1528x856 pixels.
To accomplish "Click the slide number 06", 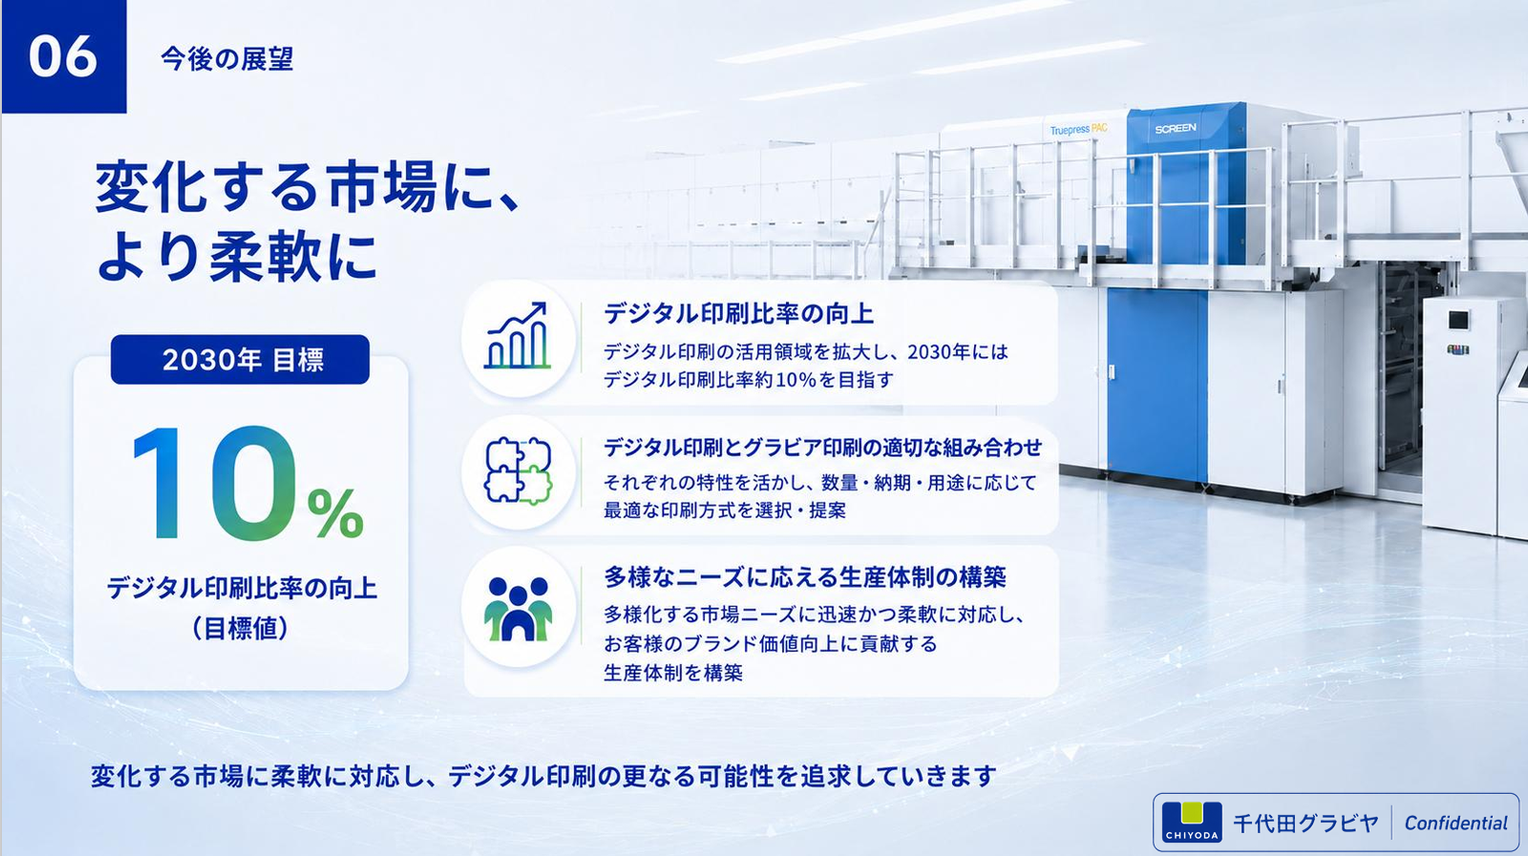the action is pos(63,56).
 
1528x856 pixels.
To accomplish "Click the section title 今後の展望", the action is pos(227,58).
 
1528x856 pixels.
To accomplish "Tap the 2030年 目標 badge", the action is pos(240,359).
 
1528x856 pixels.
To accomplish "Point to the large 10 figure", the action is pos(216,482).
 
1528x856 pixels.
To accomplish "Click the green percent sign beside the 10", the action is pos(335,513).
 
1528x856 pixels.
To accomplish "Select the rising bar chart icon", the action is pos(517,336).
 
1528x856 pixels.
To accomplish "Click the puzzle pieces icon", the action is pos(519,470).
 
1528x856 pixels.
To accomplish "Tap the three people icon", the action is pos(519,609).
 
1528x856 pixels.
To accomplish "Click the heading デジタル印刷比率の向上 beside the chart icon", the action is pos(739,313).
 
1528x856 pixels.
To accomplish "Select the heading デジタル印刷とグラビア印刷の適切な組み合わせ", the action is pos(822,447).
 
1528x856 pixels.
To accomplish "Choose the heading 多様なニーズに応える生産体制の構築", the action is pos(805,577).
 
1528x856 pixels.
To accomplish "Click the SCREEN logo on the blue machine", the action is pos(1176,128).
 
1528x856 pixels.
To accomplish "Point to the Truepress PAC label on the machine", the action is pos(1078,129).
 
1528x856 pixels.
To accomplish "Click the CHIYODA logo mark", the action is pos(1192,822).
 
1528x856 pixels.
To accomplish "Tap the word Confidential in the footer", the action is pos(1455,824).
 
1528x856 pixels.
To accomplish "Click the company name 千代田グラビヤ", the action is pos(1305,824).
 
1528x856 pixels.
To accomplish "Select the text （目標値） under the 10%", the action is pos(240,628).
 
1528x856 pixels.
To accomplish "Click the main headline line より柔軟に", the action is pos(237,257).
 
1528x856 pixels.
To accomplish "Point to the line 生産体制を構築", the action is pos(673,674).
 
